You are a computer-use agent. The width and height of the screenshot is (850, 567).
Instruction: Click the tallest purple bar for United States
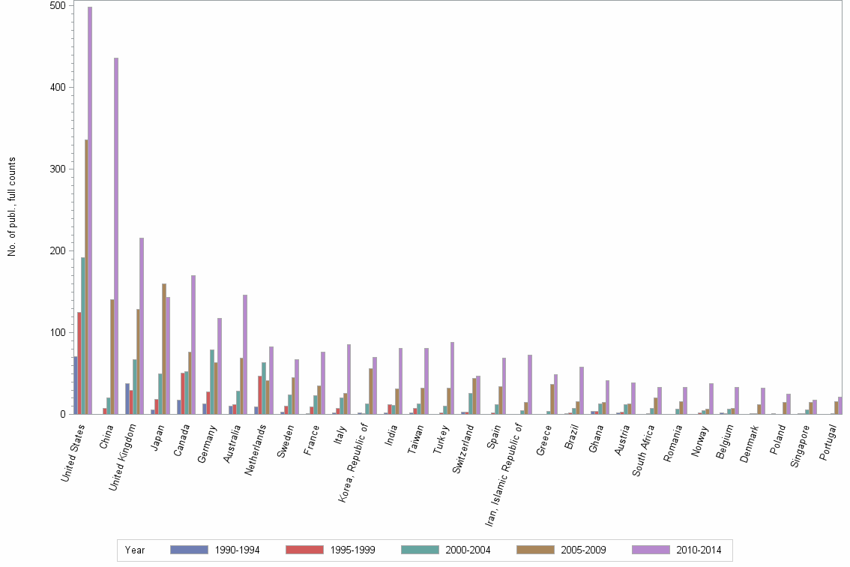click(x=90, y=210)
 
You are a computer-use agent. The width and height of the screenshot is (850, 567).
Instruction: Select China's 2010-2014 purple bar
click(x=116, y=235)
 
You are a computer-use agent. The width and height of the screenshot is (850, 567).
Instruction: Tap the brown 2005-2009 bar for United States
click(x=86, y=277)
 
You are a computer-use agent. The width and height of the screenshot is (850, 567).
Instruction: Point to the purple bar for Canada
click(x=193, y=344)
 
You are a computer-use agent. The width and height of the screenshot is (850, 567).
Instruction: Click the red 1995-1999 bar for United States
click(x=79, y=363)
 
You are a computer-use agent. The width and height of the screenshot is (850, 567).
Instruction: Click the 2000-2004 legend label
click(x=468, y=550)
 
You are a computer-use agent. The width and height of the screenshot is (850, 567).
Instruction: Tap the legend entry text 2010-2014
click(x=699, y=550)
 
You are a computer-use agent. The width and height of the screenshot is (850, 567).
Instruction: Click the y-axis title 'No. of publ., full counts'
click(x=12, y=206)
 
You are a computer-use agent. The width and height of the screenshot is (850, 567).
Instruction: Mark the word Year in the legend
click(x=136, y=550)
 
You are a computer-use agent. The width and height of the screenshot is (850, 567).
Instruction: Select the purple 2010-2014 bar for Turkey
click(x=453, y=378)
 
